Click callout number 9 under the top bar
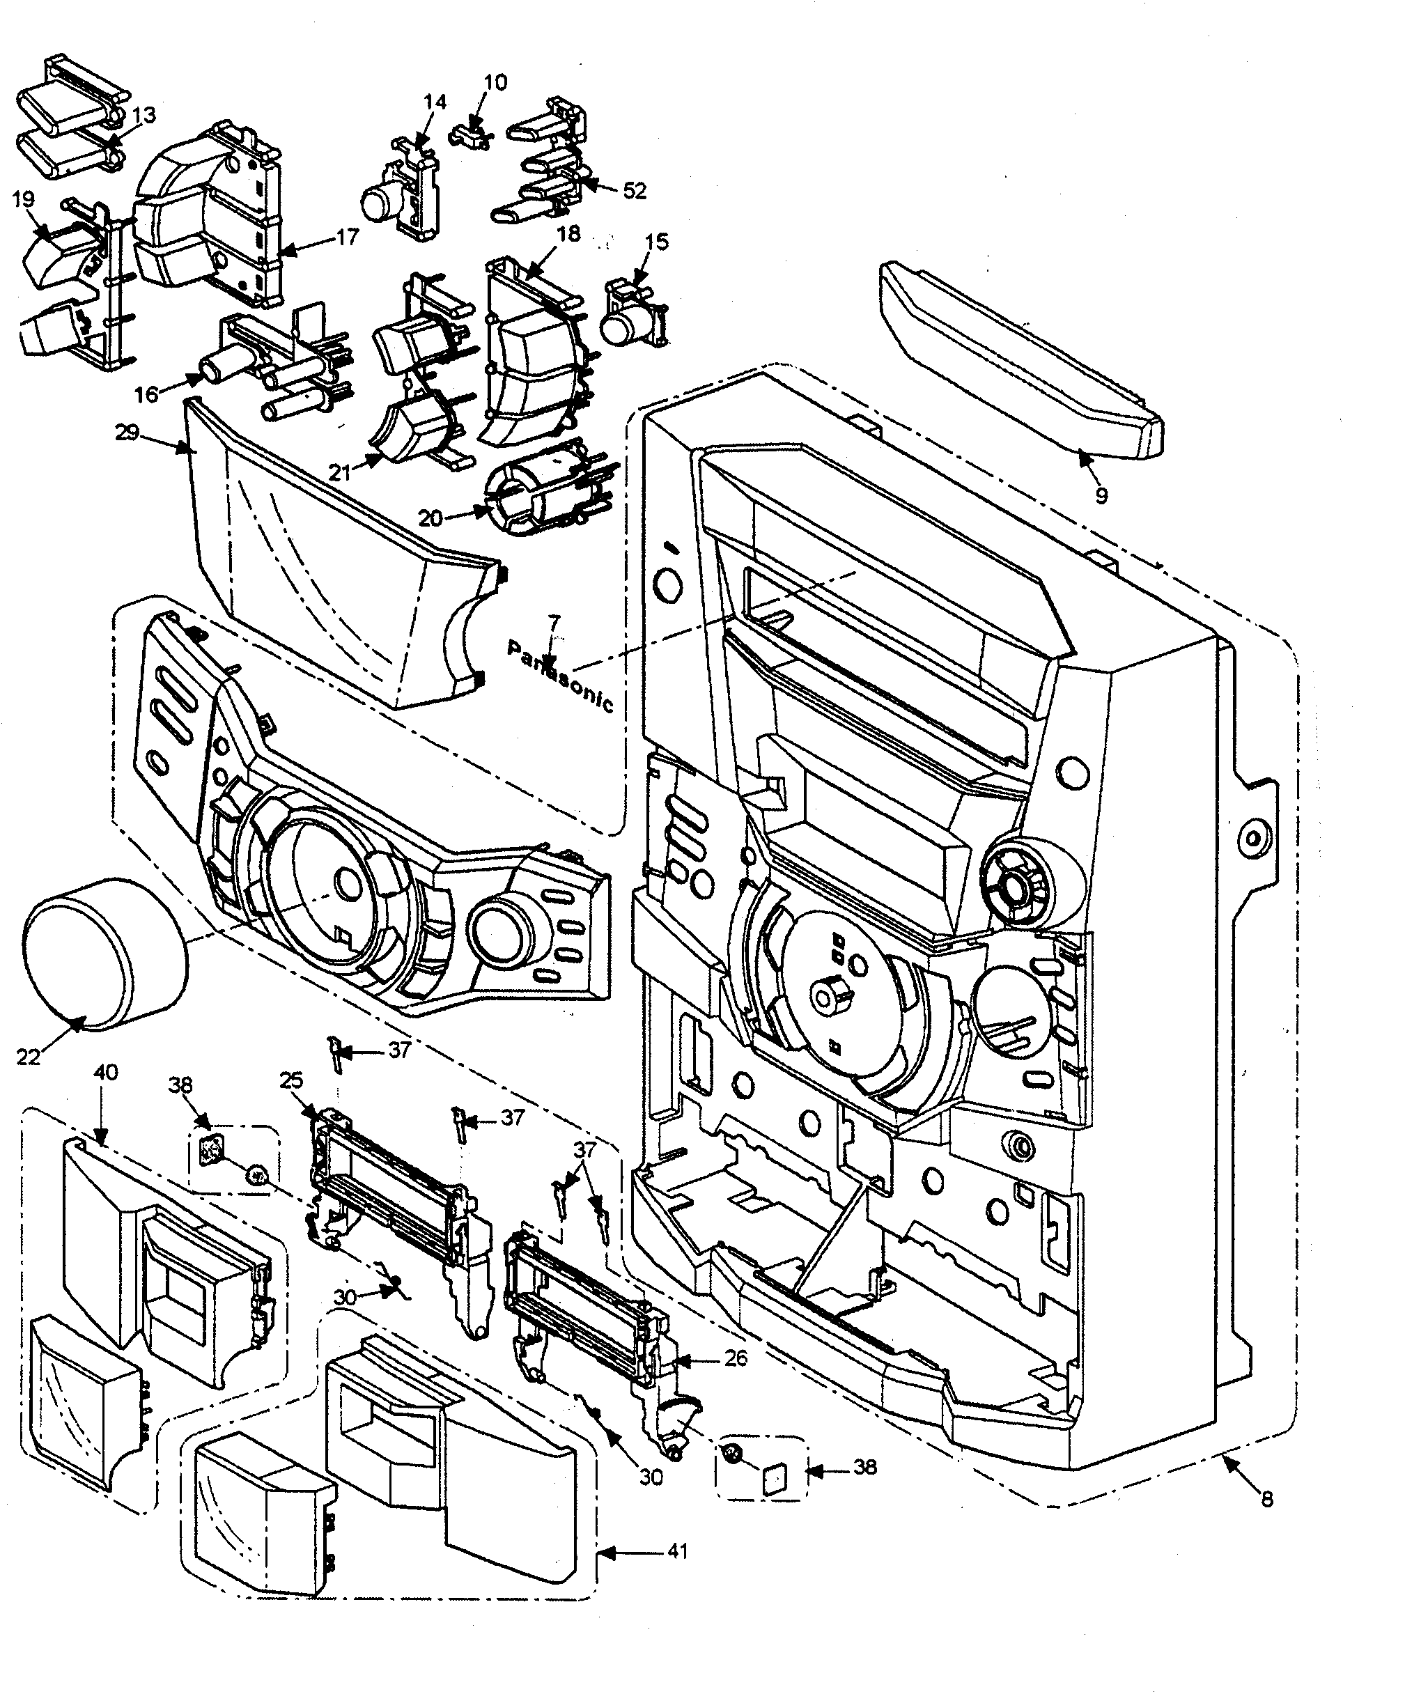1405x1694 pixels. click(x=1101, y=495)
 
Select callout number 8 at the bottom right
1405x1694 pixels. click(x=1267, y=1499)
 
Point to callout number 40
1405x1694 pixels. click(x=106, y=1072)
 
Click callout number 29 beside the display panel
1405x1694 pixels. click(x=127, y=433)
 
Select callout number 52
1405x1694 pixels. click(x=635, y=190)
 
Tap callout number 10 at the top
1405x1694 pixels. click(x=495, y=82)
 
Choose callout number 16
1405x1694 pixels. click(x=146, y=394)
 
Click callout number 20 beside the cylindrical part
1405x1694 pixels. click(x=430, y=517)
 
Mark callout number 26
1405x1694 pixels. click(x=736, y=1358)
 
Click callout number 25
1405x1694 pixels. click(x=291, y=1080)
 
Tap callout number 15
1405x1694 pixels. click(x=657, y=241)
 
